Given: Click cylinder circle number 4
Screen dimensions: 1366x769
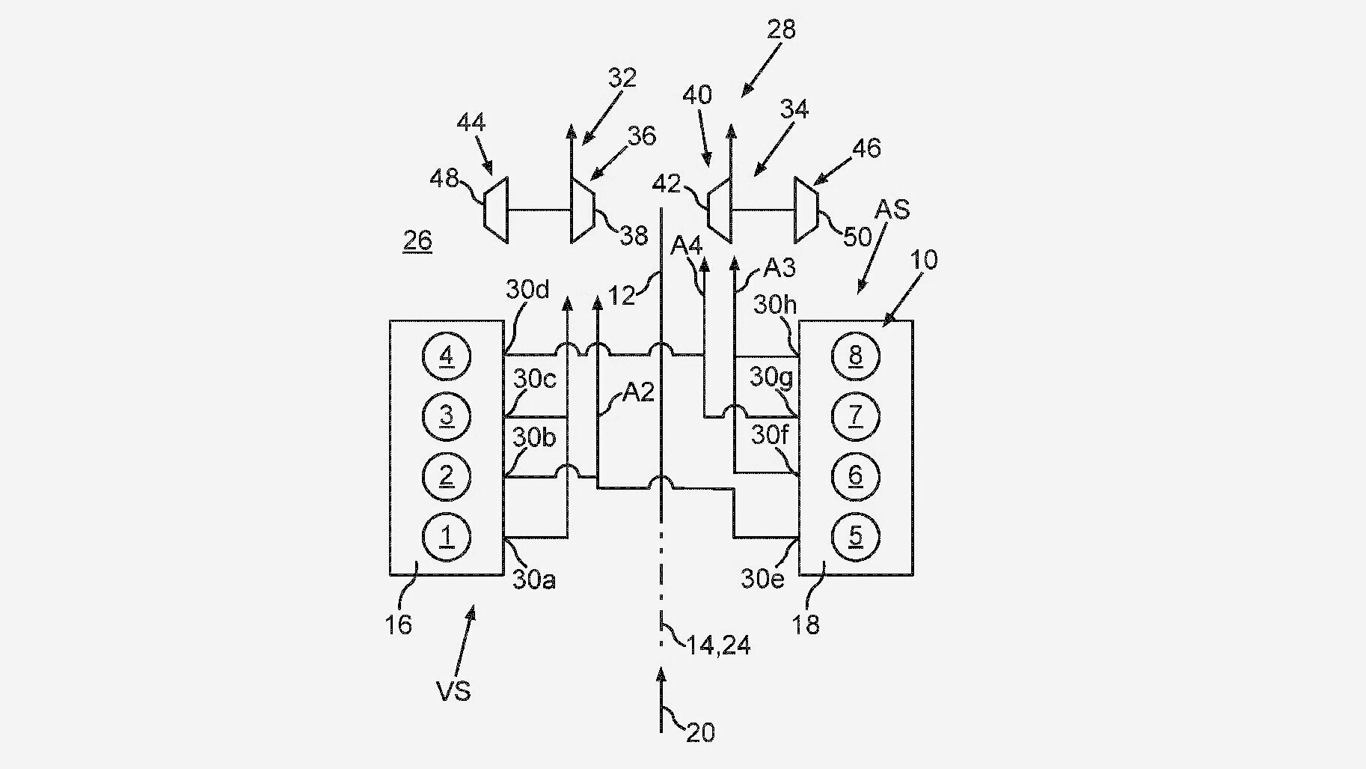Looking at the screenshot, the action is [x=447, y=356].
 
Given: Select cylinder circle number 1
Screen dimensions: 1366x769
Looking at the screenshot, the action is [x=447, y=536].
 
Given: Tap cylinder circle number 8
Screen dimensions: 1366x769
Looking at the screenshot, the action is [x=856, y=356].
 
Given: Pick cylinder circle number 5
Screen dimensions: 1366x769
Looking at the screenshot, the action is [x=856, y=535].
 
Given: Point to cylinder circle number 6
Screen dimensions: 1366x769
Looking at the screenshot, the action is [x=856, y=475].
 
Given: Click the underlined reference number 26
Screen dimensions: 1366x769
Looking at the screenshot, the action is [x=417, y=240].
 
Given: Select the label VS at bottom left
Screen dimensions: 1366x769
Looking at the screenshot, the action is [x=453, y=690].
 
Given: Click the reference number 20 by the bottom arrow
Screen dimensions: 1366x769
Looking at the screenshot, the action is [x=700, y=732].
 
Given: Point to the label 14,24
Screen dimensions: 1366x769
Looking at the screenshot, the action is [x=719, y=645].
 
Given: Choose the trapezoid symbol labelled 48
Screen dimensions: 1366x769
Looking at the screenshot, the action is [x=495, y=210].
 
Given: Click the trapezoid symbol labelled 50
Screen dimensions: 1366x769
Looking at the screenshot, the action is [x=806, y=210].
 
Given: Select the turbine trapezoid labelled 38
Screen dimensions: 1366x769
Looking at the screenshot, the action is [x=583, y=210].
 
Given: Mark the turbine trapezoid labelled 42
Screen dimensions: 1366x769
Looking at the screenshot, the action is [x=719, y=210].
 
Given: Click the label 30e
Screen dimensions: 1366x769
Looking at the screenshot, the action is [x=763, y=578].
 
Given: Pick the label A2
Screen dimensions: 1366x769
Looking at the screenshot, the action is [x=639, y=392].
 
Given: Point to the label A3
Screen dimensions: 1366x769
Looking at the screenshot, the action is [x=779, y=267].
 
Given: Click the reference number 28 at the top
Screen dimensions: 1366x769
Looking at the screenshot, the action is [x=781, y=29].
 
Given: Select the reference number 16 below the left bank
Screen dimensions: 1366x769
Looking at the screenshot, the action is [x=399, y=624].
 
